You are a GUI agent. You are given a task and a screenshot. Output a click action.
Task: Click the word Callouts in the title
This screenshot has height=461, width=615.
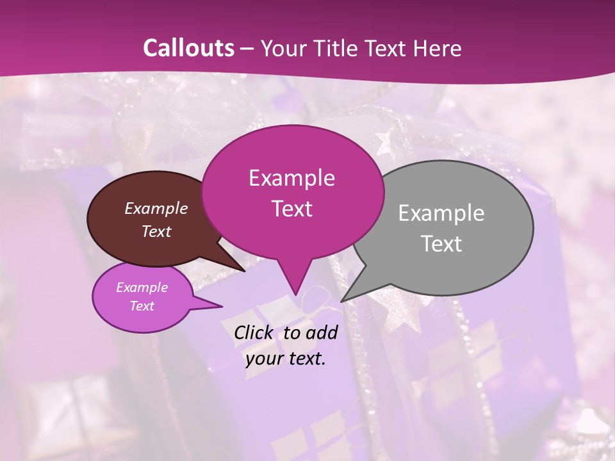[188, 48]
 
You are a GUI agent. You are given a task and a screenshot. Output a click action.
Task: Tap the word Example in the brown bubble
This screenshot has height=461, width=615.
[156, 208]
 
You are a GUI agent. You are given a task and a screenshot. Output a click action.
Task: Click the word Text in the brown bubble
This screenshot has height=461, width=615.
[156, 231]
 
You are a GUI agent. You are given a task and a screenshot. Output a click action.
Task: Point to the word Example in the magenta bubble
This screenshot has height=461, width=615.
[291, 178]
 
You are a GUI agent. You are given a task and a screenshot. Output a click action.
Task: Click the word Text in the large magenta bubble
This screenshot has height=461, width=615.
[291, 209]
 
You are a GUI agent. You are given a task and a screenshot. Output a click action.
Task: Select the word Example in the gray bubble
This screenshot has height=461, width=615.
[441, 213]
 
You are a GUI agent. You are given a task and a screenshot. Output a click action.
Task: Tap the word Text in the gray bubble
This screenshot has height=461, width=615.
[441, 244]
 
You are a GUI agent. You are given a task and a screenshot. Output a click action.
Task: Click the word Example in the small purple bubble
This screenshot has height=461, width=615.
[142, 287]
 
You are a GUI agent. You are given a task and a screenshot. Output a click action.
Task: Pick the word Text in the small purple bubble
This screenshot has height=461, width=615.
[142, 306]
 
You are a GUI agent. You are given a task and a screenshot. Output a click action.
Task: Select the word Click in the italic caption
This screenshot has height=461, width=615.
[254, 332]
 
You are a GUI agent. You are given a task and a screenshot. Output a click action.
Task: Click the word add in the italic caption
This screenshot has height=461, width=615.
[322, 332]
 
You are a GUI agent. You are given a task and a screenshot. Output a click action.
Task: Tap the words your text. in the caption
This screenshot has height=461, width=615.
[286, 359]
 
